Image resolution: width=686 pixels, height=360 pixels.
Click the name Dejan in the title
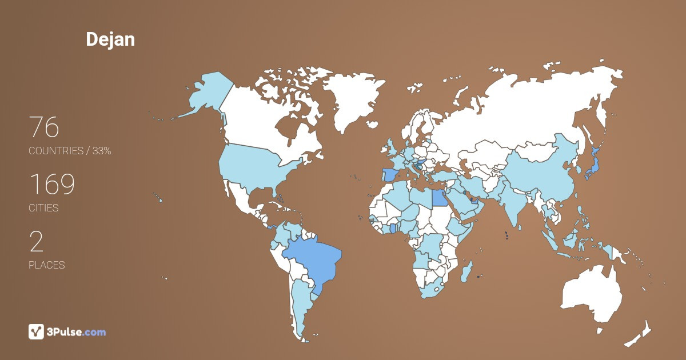coord(110,39)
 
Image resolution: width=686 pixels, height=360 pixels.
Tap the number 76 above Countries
coord(44,127)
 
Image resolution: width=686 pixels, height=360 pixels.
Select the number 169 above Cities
coord(51,185)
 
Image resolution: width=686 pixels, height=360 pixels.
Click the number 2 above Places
coord(36,242)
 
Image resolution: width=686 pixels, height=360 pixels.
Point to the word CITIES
coord(44,208)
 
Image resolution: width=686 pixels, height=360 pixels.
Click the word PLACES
coord(47,265)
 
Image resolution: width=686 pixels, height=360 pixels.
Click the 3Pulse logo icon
coord(36,331)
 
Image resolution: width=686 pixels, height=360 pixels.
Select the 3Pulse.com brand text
coord(77,332)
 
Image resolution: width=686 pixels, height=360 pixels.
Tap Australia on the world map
coord(592,294)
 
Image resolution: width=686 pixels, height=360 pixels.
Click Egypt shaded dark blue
coord(439,198)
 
